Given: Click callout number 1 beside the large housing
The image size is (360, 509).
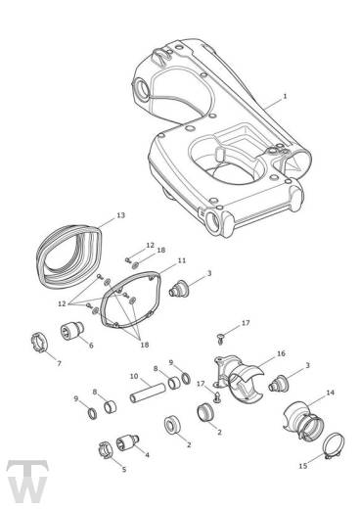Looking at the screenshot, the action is pyautogui.click(x=285, y=96).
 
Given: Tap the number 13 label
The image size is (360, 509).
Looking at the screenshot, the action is pyautogui.click(x=120, y=215).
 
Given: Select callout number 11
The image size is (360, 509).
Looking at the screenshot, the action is pyautogui.click(x=182, y=260).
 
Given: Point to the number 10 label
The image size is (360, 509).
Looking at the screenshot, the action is pyautogui.click(x=134, y=376).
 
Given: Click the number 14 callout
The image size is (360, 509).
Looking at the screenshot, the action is pyautogui.click(x=331, y=393).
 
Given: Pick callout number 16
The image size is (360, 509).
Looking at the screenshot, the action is pyautogui.click(x=281, y=353).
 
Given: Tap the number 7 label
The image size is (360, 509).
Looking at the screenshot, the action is pyautogui.click(x=59, y=363).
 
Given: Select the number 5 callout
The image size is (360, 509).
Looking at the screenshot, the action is pyautogui.click(x=124, y=469).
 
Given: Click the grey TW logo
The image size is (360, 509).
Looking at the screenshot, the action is pyautogui.click(x=27, y=482).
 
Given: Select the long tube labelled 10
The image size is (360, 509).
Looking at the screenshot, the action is pyautogui.click(x=147, y=392).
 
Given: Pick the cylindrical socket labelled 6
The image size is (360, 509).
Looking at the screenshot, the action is pyautogui.click(x=71, y=331).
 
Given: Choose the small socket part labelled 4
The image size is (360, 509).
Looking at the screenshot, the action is pyautogui.click(x=127, y=442).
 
